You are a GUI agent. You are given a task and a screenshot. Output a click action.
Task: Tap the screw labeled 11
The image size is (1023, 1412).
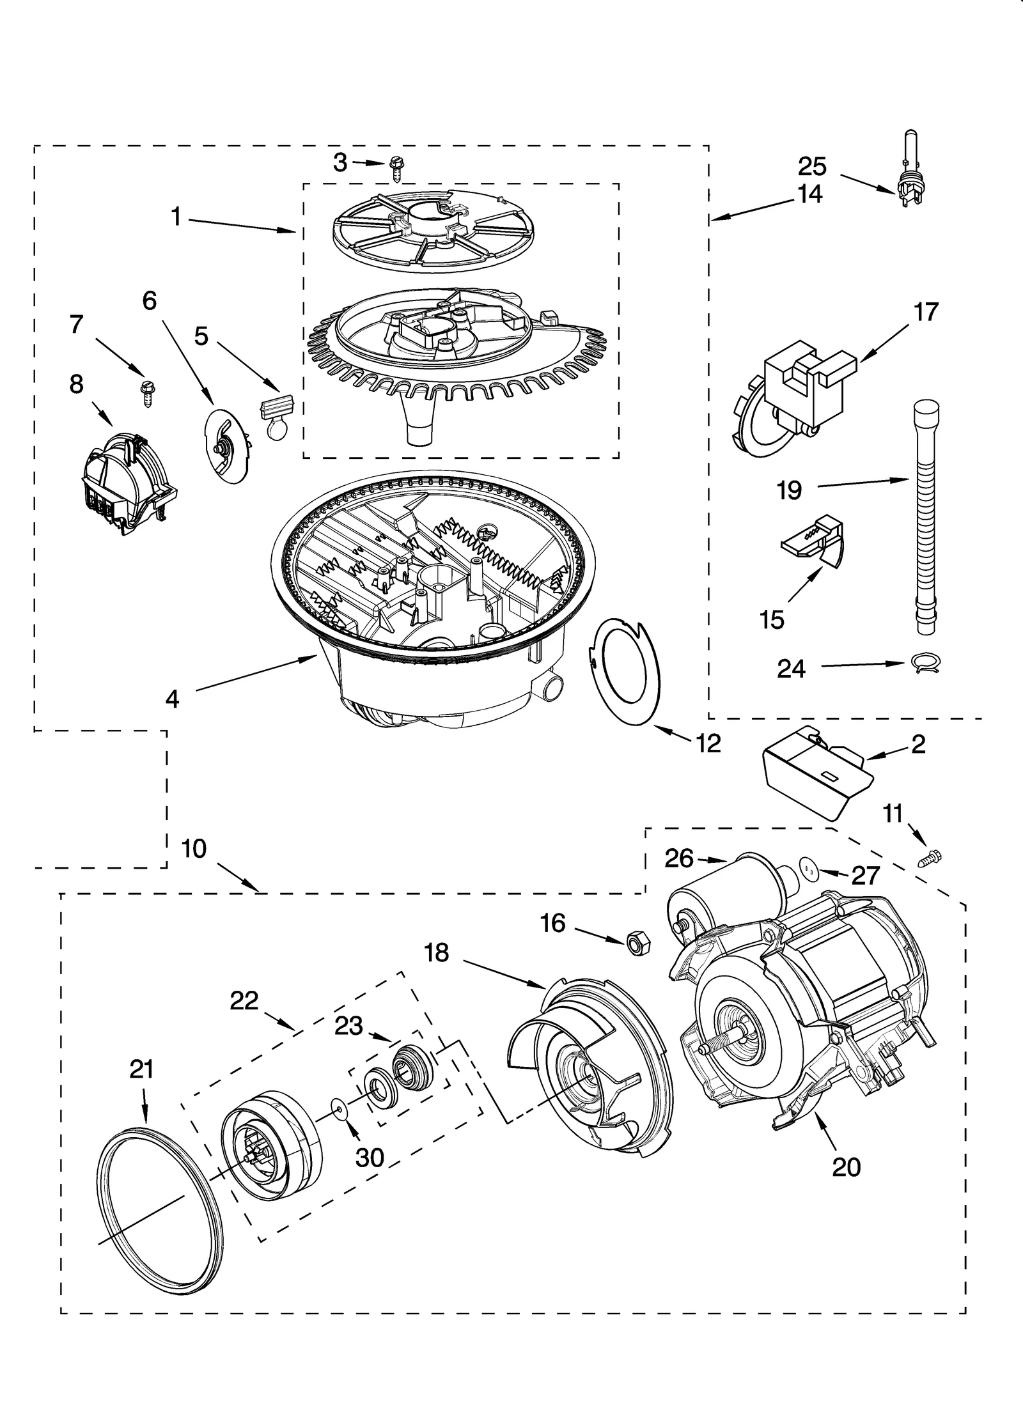(x=931, y=858)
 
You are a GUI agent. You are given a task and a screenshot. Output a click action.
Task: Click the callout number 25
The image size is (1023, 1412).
(x=812, y=167)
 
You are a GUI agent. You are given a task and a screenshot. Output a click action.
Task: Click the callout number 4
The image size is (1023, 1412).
(x=172, y=699)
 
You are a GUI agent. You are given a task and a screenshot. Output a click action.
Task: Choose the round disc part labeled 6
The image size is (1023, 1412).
(x=225, y=447)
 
